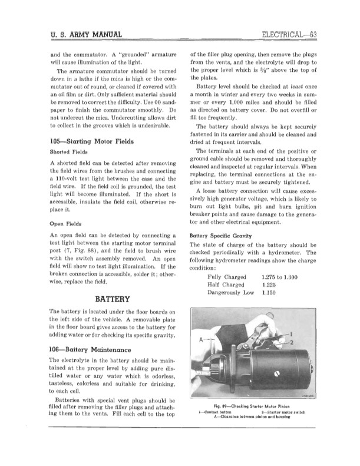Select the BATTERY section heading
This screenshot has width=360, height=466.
[108, 299]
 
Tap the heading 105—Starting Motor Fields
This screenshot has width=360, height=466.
[93, 141]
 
